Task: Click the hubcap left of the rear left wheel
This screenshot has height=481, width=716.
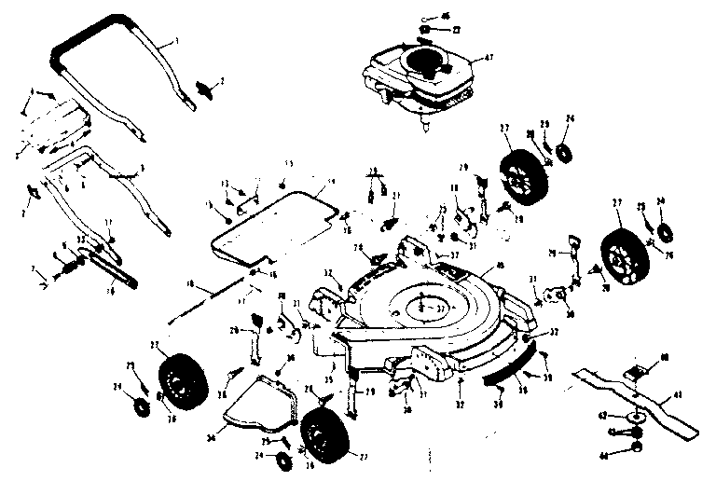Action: (143, 405)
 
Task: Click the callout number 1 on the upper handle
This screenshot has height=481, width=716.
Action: (175, 42)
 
